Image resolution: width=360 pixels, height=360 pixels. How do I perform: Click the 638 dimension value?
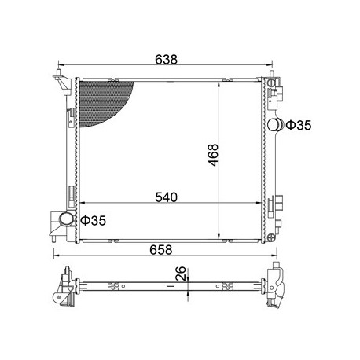pyautogui.click(x=166, y=60)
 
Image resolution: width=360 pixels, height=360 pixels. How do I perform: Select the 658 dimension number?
pyautogui.click(x=161, y=250)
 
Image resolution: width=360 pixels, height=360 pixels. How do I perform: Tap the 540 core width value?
pyautogui.click(x=166, y=197)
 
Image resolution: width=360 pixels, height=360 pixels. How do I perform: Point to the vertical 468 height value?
pyautogui.click(x=213, y=155)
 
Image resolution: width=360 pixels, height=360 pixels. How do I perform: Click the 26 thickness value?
pyautogui.click(x=181, y=274)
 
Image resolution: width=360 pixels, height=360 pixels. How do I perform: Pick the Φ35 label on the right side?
pyautogui.click(x=299, y=125)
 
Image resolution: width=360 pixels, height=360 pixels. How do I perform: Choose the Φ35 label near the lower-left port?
pyautogui.click(x=93, y=221)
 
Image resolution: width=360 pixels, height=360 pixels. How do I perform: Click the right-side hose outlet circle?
pyautogui.click(x=274, y=125)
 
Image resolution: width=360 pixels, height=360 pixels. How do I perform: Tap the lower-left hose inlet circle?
pyautogui.click(x=66, y=219)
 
